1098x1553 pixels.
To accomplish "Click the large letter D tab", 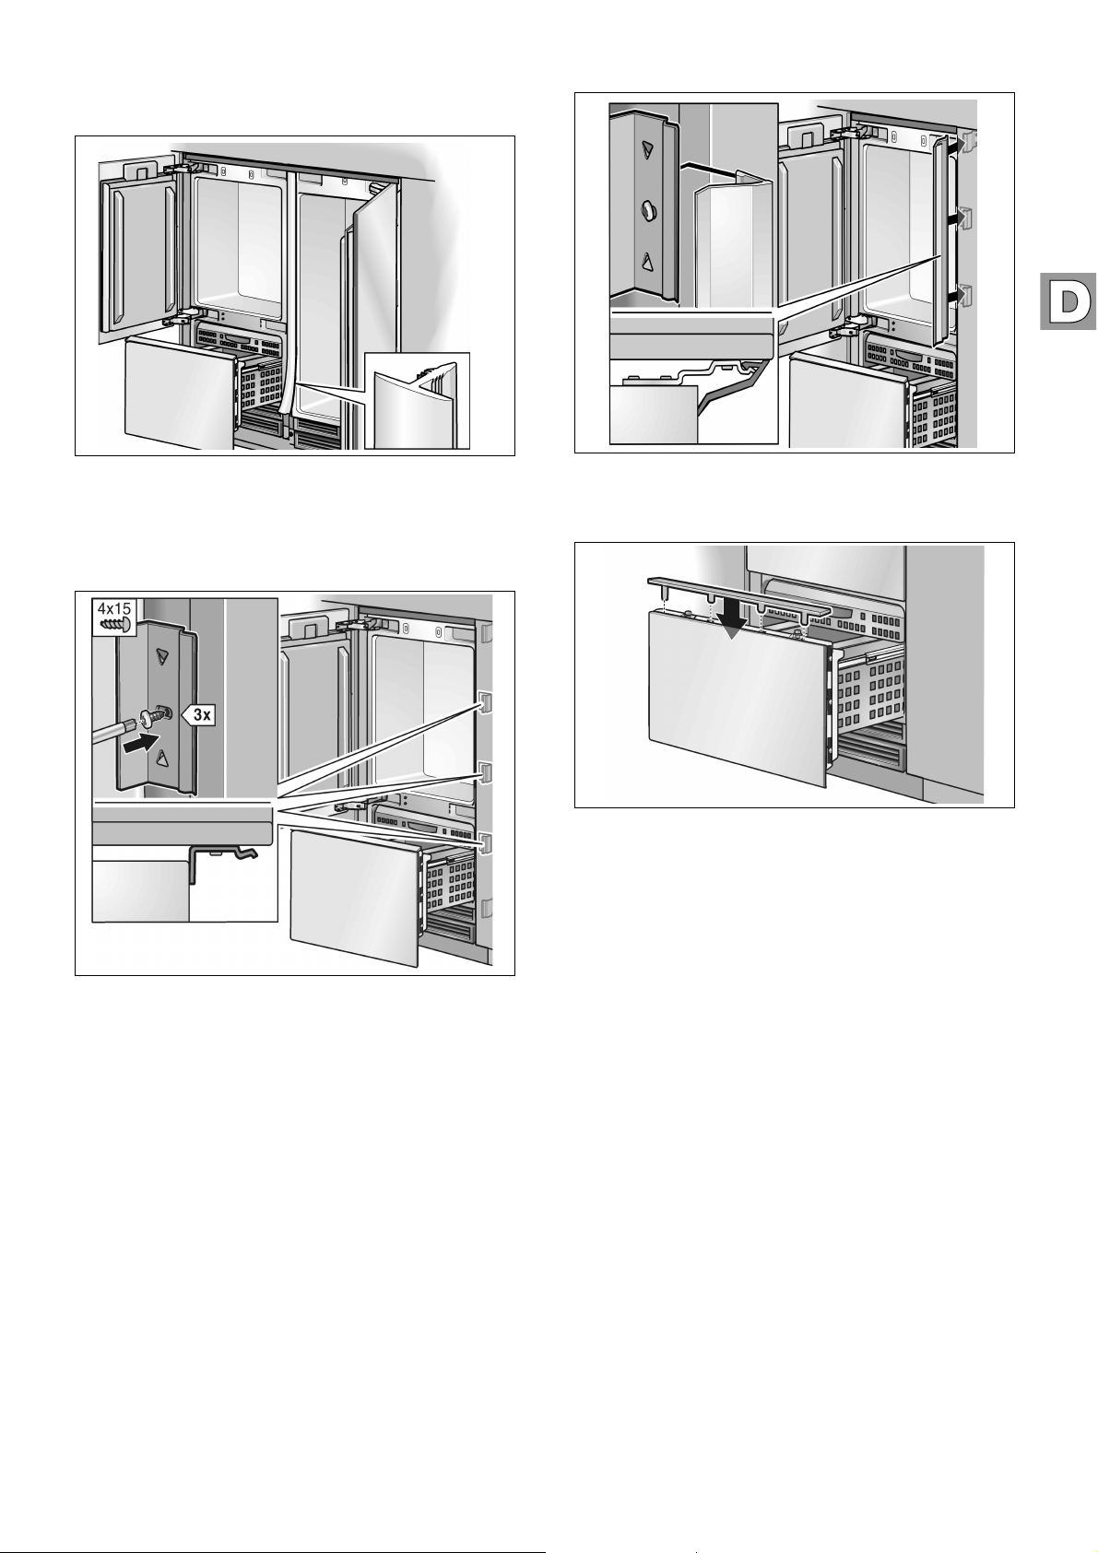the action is pos(1068,301).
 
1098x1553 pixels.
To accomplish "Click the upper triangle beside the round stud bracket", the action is pos(648,148).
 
